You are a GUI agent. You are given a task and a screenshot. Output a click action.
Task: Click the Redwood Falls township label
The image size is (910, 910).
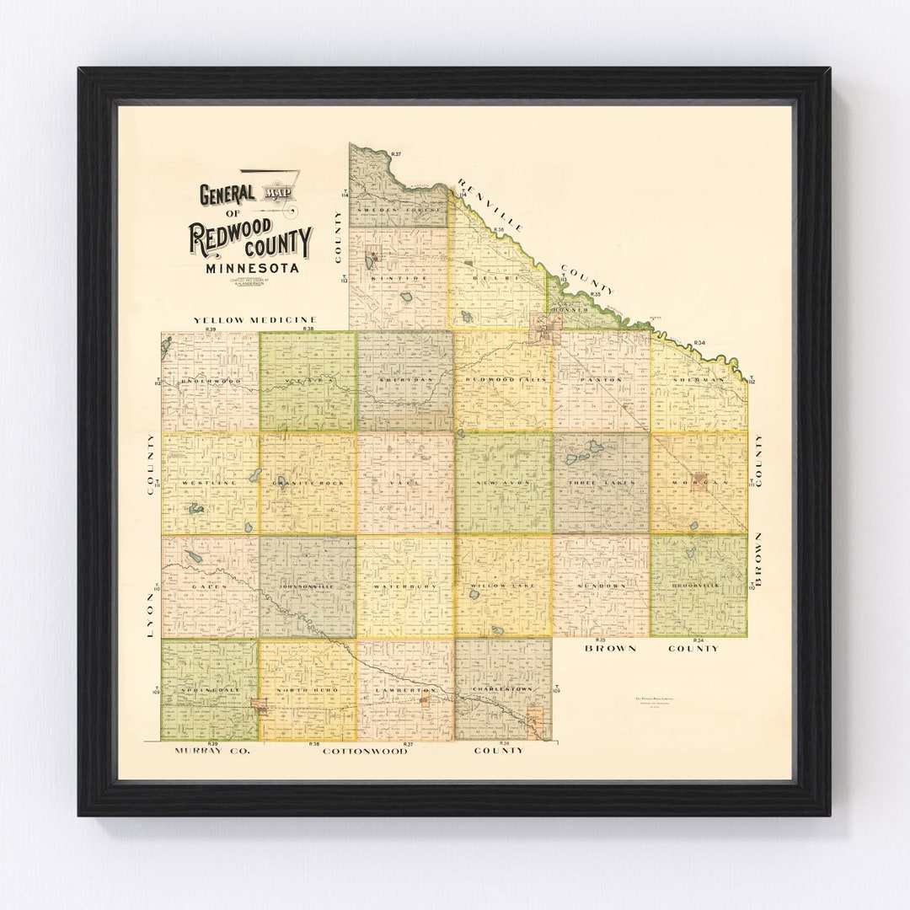pos(503,380)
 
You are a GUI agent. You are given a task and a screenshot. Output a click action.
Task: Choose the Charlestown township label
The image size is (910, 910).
pos(503,689)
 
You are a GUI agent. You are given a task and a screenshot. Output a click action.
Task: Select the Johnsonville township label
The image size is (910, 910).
pos(308,586)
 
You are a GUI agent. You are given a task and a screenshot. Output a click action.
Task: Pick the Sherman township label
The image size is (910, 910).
pos(699,380)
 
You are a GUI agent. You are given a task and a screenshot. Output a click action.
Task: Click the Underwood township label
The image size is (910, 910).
pos(210,381)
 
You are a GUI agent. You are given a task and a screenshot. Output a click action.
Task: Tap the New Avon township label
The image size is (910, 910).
pos(503,483)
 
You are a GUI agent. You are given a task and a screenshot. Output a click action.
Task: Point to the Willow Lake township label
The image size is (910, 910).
pos(503,585)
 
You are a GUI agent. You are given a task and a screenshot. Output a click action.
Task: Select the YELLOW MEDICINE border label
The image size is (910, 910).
pos(254,320)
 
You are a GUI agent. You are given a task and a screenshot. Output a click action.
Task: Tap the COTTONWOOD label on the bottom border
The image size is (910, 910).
pos(365,750)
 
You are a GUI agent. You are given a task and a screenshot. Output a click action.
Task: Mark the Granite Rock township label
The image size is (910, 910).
pos(308,483)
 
